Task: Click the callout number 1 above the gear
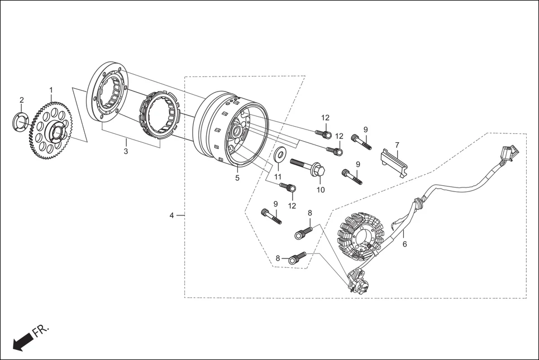[51, 90]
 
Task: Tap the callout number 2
[22, 100]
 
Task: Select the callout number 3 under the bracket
[126, 151]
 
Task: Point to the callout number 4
[173, 215]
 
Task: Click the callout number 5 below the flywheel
[237, 178]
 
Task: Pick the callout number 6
[404, 244]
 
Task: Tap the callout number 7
[397, 145]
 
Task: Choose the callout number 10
[321, 190]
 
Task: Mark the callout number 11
[278, 177]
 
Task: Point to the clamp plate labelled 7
[394, 161]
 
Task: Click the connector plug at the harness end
[509, 151]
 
